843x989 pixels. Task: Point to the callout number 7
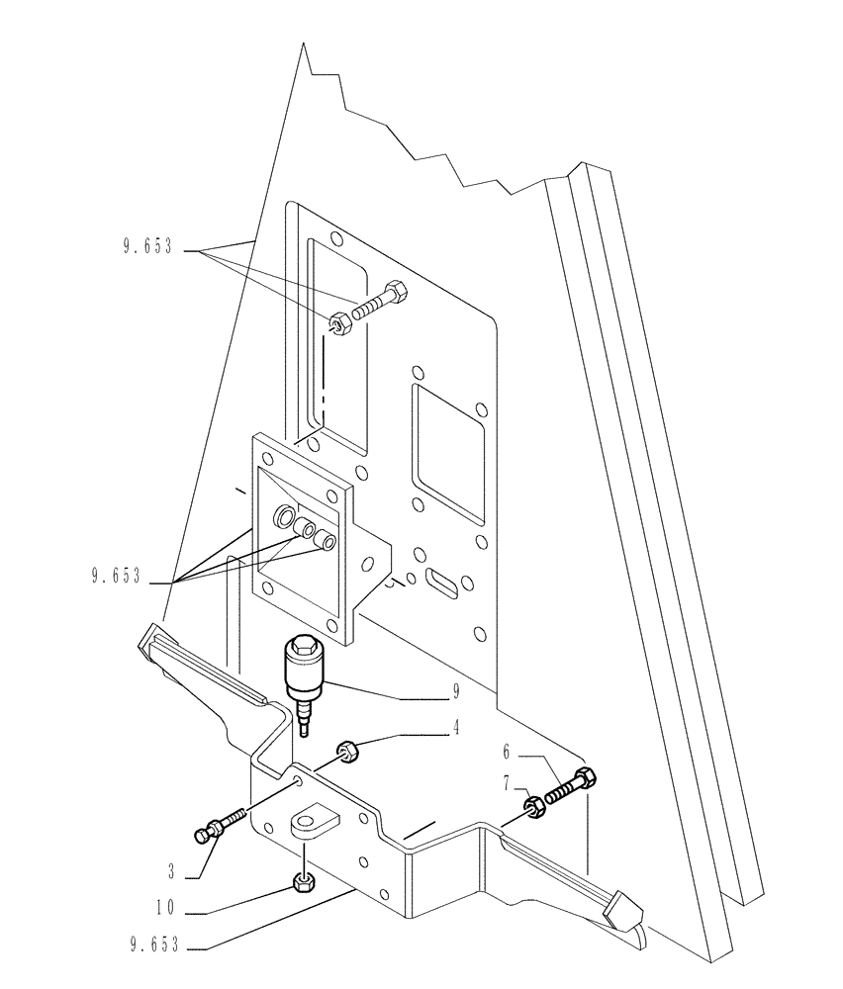pyautogui.click(x=506, y=783)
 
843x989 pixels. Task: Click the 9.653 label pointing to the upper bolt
pyautogui.click(x=148, y=249)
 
